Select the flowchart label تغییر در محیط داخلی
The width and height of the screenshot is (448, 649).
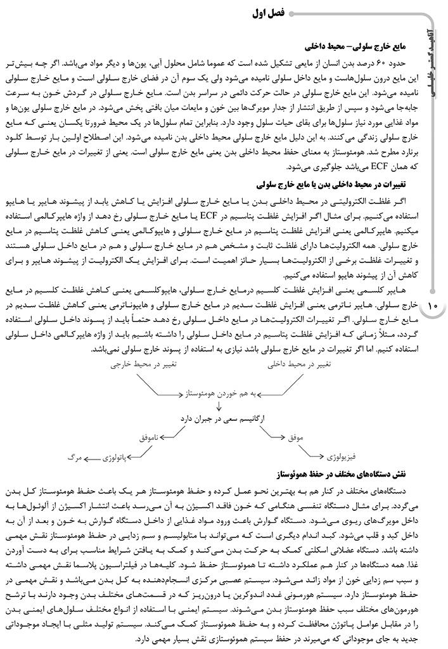click(298, 365)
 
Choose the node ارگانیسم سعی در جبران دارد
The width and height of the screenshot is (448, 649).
click(221, 419)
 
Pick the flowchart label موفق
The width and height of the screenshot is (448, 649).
click(297, 437)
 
